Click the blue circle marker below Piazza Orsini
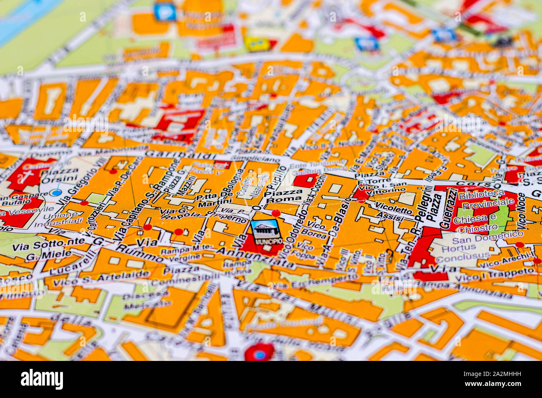[x=55, y=192]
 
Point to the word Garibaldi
[x=181, y=154]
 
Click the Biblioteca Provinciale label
[x=486, y=199]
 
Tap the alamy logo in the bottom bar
[x=42, y=379]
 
